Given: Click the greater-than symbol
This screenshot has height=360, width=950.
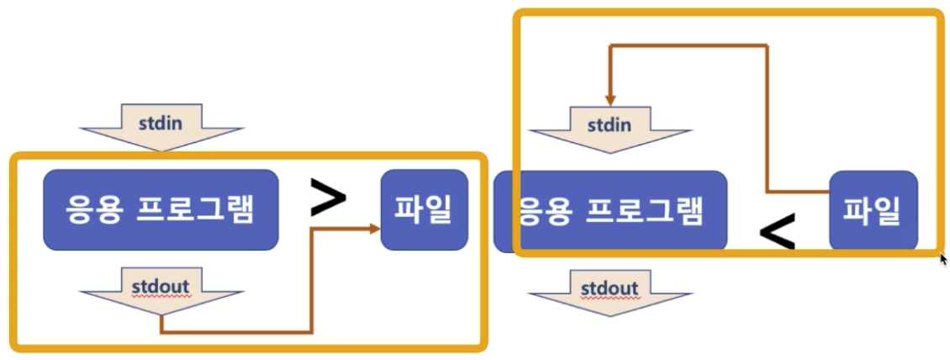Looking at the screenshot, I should coord(328,199).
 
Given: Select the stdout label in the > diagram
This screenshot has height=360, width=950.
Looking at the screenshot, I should coord(161,284).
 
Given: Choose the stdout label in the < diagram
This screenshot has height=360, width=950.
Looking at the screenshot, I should coord(610,289).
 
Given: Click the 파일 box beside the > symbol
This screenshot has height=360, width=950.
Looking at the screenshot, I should coord(424,209).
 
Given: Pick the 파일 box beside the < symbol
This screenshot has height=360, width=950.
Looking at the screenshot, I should coord(873,210).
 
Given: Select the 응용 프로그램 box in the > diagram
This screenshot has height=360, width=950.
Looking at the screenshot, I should coord(161,209).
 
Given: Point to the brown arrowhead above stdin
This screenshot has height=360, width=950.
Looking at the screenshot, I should coord(610,98).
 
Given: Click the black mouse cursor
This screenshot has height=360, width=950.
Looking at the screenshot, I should coord(943,258).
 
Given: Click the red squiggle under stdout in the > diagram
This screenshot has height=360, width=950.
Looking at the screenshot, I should coord(161,294).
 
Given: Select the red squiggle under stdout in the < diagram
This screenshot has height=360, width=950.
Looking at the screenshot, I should coord(610,299).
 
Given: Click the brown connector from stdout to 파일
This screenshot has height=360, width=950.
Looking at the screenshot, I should coord(311,286).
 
